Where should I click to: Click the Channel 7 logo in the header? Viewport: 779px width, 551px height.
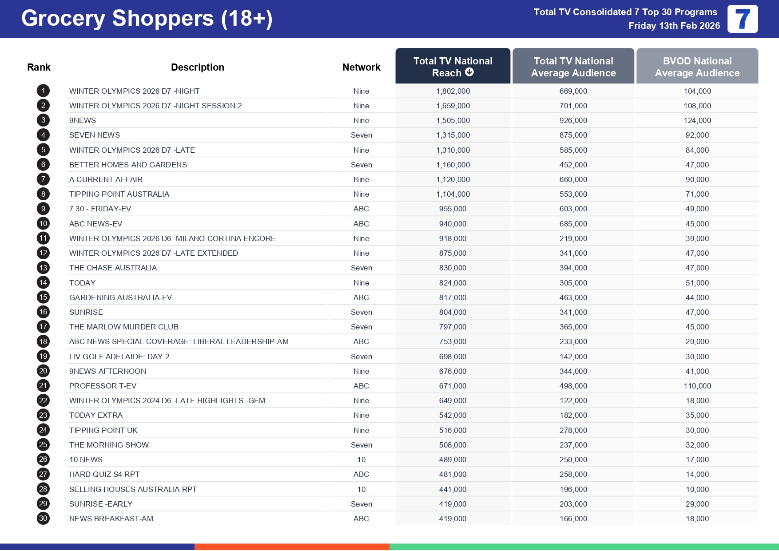[x=742, y=19]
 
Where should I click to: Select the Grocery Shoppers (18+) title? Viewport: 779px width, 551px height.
[x=147, y=19]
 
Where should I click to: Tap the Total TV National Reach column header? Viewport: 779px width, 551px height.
[x=453, y=67]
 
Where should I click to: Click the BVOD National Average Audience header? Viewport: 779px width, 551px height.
[x=697, y=67]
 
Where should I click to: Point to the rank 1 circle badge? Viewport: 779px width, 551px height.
[x=43, y=91]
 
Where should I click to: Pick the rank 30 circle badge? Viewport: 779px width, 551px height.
[x=43, y=519]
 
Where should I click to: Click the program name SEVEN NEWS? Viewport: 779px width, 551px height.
[x=95, y=135]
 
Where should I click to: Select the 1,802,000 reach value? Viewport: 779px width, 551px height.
[x=453, y=91]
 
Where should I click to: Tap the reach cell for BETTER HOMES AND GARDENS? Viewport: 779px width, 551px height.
[x=453, y=165]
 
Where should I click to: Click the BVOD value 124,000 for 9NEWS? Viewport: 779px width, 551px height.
[x=697, y=120]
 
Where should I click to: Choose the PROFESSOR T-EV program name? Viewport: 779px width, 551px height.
[x=103, y=386]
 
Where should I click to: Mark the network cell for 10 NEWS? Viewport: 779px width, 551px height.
[x=361, y=460]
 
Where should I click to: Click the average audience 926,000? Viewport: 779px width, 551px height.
[x=573, y=120]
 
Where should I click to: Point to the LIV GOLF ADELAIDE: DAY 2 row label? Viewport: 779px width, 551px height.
[x=119, y=357]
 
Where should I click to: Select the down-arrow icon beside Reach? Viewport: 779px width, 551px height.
[x=469, y=72]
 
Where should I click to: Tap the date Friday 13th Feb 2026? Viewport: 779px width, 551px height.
[x=674, y=26]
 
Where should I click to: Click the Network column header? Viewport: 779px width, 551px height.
[x=361, y=67]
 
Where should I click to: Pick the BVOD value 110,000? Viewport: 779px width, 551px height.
[x=697, y=386]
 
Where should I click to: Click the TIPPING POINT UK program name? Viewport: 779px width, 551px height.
[x=103, y=430]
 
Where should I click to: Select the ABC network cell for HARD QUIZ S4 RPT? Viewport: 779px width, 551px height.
[x=361, y=474]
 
